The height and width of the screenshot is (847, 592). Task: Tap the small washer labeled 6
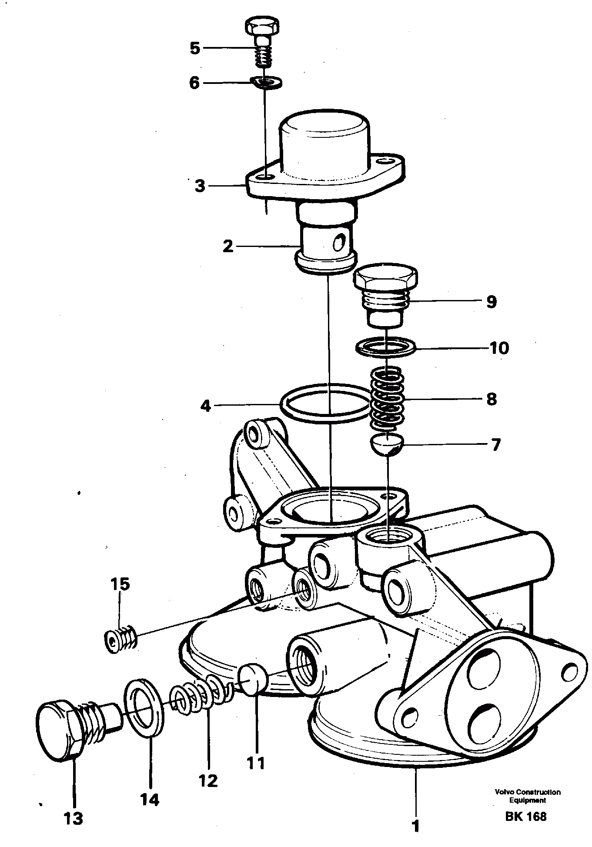tap(267, 81)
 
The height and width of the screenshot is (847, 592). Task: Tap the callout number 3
tap(200, 186)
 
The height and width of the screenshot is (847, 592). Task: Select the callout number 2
tap(227, 247)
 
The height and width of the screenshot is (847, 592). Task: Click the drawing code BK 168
tap(525, 816)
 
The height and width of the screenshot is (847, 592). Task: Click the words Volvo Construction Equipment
tap(527, 796)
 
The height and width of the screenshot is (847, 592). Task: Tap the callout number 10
tap(500, 348)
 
